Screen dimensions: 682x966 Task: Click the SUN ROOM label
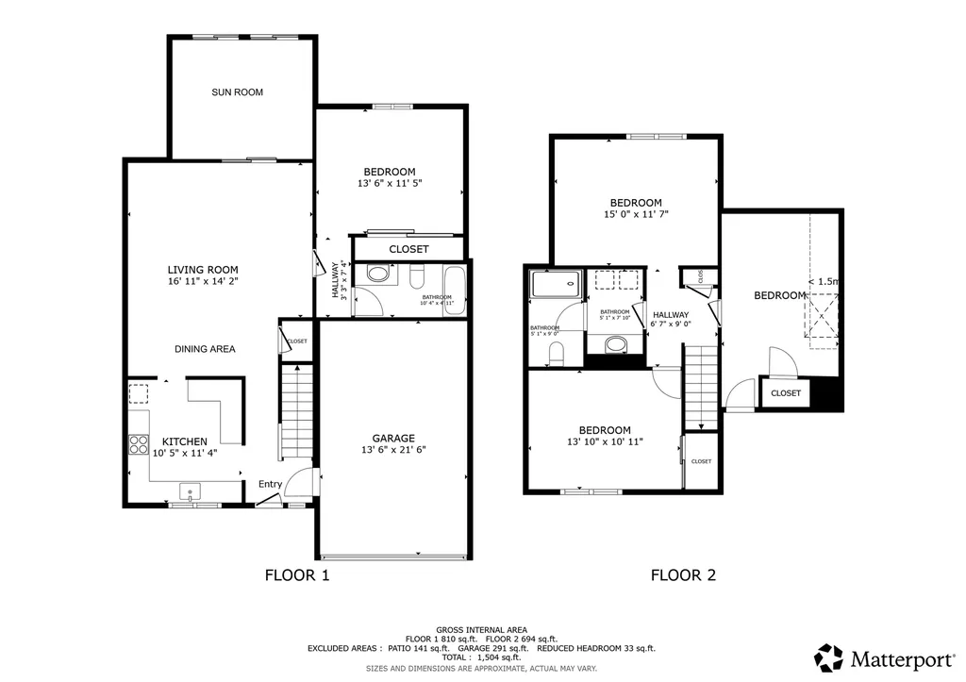tap(237, 92)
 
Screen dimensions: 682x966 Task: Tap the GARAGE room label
tap(393, 439)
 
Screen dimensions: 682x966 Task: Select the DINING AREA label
tap(205, 349)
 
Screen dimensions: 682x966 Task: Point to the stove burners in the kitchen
tap(139, 443)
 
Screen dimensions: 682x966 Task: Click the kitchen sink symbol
tap(191, 491)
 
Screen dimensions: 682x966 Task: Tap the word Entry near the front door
tap(271, 485)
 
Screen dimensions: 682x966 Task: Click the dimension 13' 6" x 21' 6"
tap(393, 451)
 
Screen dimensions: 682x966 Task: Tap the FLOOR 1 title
tap(297, 574)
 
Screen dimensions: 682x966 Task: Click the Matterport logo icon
tap(829, 657)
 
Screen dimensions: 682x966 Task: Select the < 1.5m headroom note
tap(824, 281)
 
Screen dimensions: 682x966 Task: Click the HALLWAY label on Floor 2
tap(670, 315)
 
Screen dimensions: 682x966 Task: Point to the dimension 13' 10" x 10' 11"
tap(606, 442)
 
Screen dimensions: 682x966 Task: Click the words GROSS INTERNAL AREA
tap(482, 629)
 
